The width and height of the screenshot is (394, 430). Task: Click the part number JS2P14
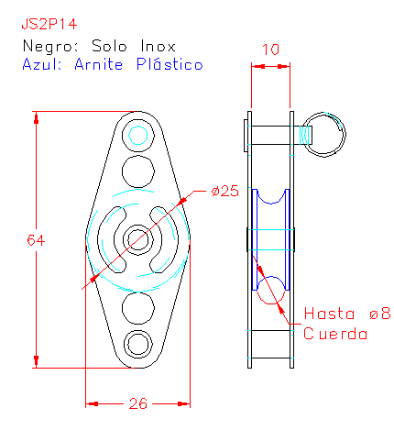click(49, 25)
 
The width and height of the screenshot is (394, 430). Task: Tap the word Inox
click(158, 46)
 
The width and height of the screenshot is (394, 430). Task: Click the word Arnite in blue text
click(99, 64)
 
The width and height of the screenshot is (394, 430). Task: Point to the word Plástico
click(170, 64)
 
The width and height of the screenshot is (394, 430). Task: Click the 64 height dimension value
click(36, 240)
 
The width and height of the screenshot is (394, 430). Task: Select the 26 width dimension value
click(138, 403)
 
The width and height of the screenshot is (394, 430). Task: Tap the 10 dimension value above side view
click(270, 50)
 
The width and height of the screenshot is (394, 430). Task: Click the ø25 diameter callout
click(224, 191)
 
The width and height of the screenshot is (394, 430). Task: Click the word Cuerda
click(335, 333)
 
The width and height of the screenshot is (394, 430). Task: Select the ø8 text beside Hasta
click(380, 314)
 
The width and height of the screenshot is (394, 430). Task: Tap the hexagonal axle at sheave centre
click(138, 239)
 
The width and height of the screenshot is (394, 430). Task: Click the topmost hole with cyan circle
click(138, 135)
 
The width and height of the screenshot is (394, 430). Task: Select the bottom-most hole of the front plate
click(138, 345)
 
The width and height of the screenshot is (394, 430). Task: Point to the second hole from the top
click(138, 171)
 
